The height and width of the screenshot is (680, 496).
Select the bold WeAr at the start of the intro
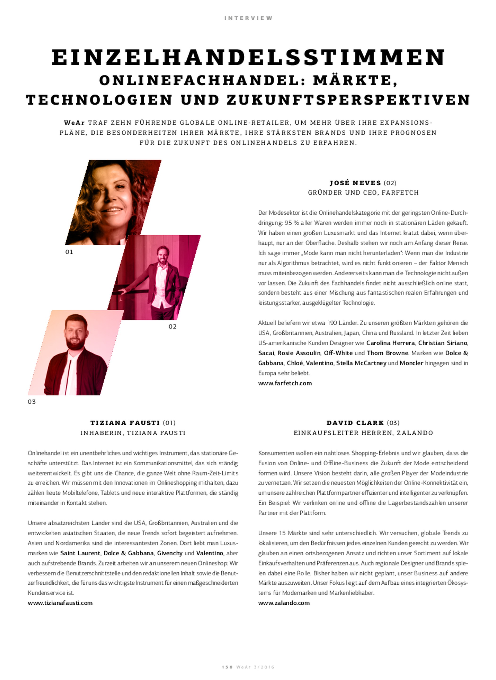(x=74, y=123)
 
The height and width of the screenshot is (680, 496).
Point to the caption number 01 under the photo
(x=69, y=252)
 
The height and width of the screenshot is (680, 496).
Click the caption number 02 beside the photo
(x=173, y=327)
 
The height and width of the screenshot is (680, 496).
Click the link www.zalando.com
(x=284, y=603)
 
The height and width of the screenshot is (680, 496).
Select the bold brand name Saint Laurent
(x=80, y=553)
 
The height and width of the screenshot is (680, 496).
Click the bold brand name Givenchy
(x=170, y=553)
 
